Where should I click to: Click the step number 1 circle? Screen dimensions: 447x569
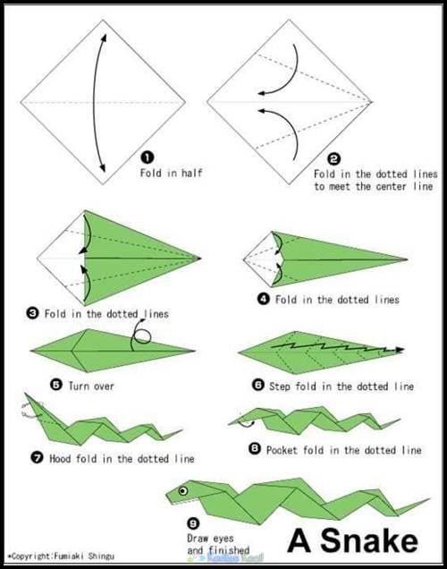tap(148, 157)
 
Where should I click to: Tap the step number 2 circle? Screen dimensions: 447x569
tap(333, 158)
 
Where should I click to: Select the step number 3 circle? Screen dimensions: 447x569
tap(32, 313)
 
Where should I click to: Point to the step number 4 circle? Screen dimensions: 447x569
tap(264, 299)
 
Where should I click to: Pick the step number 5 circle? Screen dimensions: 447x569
tap(56, 385)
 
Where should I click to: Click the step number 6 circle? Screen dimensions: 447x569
tap(257, 385)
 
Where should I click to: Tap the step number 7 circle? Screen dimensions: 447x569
tap(37, 458)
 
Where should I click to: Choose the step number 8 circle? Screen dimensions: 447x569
tap(255, 449)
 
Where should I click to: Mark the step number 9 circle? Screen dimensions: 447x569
tap(193, 523)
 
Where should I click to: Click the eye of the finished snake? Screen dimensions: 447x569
tap(183, 491)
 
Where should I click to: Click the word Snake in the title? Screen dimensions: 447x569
tap(369, 540)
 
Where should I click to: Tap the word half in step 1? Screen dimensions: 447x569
tap(191, 173)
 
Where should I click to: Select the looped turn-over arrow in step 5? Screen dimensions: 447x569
tap(139, 335)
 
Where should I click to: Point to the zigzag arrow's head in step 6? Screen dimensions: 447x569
tap(400, 350)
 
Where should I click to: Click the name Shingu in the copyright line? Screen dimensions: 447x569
tap(101, 556)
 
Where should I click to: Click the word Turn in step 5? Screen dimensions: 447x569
tap(79, 386)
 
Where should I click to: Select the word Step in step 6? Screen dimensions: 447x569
tap(280, 386)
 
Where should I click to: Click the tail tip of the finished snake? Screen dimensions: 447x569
tap(430, 498)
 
